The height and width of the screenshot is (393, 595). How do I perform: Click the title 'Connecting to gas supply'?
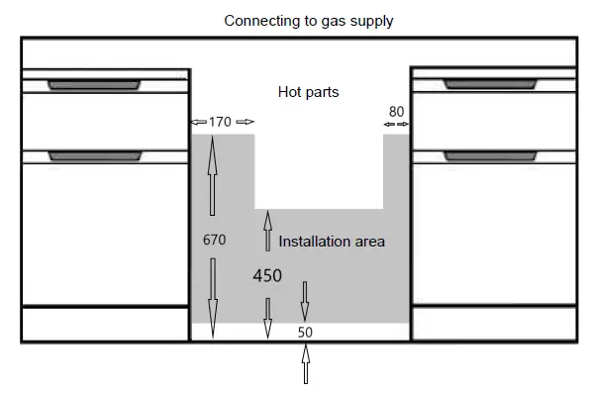[x=308, y=20]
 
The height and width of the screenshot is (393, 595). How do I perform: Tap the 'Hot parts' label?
[x=308, y=92]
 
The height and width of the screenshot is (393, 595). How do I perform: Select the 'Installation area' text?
[x=332, y=241]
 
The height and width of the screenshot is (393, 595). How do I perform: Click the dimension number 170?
[x=221, y=122]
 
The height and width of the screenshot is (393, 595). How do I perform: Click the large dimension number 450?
[x=266, y=276]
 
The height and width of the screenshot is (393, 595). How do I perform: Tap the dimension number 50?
[x=305, y=333]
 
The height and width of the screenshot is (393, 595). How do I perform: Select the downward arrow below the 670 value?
[x=212, y=287]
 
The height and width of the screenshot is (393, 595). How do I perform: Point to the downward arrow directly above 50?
[x=305, y=297]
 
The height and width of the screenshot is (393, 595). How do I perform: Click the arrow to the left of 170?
[x=198, y=122]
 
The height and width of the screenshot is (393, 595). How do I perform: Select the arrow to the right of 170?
[x=245, y=122]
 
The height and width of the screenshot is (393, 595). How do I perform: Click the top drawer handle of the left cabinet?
[x=93, y=84]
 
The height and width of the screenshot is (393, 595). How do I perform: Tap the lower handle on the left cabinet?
[x=93, y=155]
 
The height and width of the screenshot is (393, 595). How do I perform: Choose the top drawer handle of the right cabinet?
[x=493, y=84]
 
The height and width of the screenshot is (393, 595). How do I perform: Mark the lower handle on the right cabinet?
[x=493, y=155]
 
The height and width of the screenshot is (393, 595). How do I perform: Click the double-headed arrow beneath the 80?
[x=396, y=124]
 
